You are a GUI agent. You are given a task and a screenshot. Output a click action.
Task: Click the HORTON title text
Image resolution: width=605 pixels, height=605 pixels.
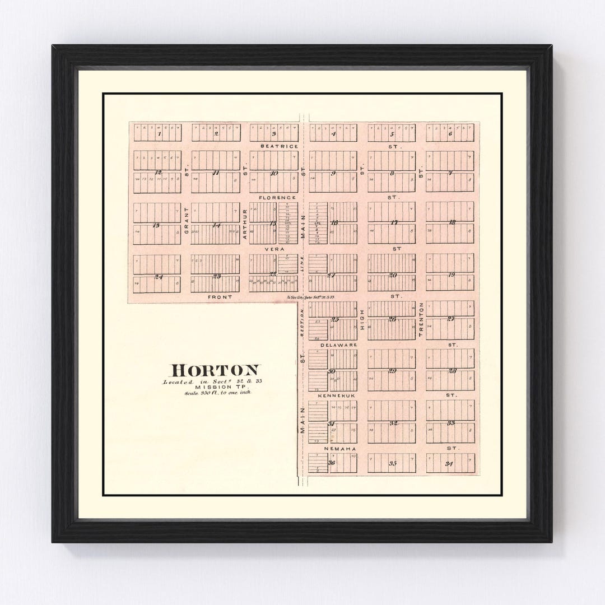pyautogui.click(x=216, y=370)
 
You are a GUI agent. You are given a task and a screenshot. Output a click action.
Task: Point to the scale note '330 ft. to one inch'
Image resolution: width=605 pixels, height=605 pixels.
pyautogui.click(x=218, y=393)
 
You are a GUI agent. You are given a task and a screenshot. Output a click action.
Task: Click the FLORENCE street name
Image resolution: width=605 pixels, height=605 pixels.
pyautogui.click(x=277, y=198)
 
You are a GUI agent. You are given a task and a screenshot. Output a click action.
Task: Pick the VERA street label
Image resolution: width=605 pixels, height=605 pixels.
pyautogui.click(x=274, y=249)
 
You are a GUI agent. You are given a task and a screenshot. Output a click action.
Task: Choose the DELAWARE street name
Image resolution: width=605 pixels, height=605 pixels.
pyautogui.click(x=338, y=345)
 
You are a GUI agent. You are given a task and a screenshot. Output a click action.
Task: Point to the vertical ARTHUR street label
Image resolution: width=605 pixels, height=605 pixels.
pyautogui.click(x=245, y=225)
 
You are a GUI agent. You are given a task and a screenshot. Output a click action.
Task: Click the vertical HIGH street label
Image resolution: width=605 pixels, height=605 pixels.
pyautogui.click(x=362, y=319)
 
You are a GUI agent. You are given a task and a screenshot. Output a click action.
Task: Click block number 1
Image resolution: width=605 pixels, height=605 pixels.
pyautogui.click(x=160, y=134)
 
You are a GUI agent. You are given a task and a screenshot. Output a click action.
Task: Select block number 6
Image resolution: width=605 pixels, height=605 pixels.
pyautogui.click(x=450, y=134)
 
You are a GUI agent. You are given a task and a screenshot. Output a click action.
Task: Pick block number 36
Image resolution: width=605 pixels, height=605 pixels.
pyautogui.click(x=332, y=463)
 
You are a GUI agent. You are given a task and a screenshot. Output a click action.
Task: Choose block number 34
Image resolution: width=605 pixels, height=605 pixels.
pyautogui.click(x=449, y=463)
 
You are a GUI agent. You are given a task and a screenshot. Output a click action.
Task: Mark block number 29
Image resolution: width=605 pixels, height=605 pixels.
pyautogui.click(x=392, y=371)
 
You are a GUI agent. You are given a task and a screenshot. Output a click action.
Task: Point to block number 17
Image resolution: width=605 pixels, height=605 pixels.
pyautogui.click(x=394, y=222)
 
